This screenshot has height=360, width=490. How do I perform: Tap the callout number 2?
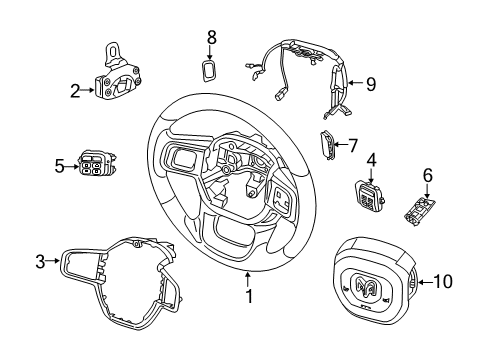tap(74, 91)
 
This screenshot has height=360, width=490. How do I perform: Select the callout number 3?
tap(41, 262)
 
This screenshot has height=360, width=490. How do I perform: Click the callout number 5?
tap(59, 165)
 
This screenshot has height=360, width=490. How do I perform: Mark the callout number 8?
tap(211, 38)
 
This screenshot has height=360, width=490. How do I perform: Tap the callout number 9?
tap(369, 85)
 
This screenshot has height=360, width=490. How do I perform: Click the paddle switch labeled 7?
tap(330, 146)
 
